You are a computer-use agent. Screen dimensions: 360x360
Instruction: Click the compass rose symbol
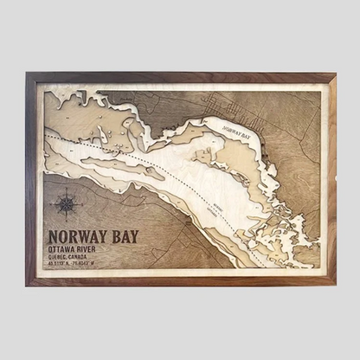(x=65, y=204)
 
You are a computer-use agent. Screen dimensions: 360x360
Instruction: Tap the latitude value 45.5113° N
(x=62, y=266)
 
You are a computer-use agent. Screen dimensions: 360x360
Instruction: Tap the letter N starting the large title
(x=54, y=235)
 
